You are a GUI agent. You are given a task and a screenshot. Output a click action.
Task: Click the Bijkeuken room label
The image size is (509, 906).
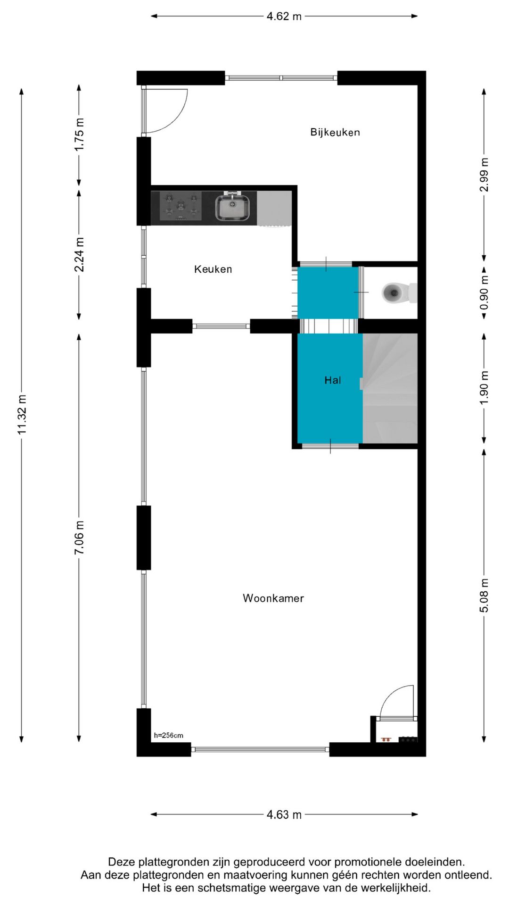pos(335,133)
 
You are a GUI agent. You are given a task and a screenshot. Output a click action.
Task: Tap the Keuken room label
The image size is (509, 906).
pos(213,269)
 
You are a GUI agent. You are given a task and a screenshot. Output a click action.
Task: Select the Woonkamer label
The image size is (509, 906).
pos(273,598)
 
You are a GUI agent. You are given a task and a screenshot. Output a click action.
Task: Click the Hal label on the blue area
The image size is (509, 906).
pos(332,380)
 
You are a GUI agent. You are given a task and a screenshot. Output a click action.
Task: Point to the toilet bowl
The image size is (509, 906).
pos(392,293)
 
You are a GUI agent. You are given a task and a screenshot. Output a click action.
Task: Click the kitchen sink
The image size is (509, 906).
pos(232,208)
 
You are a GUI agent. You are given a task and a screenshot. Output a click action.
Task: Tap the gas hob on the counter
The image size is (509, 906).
pos(181,206)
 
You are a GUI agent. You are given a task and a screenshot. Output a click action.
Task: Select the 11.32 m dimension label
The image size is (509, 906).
pos(22,414)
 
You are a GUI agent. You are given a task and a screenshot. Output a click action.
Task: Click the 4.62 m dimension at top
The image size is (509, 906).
pos(284,17)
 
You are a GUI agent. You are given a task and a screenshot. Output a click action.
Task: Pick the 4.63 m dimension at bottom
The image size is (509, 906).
pos(284,815)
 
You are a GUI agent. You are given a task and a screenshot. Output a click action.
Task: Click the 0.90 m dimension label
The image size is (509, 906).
pos(484,293)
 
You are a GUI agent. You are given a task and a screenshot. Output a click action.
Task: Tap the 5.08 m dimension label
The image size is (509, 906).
pos(484,595)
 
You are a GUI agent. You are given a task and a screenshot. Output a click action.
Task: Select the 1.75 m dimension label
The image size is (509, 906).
pos(79,134)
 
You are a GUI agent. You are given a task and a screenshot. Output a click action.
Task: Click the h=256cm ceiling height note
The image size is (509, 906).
pos(168,736)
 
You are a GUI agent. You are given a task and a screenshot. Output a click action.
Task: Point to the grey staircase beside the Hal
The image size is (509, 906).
pos(390,388)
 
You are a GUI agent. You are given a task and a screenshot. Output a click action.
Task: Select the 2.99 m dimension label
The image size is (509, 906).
pos(484,175)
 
